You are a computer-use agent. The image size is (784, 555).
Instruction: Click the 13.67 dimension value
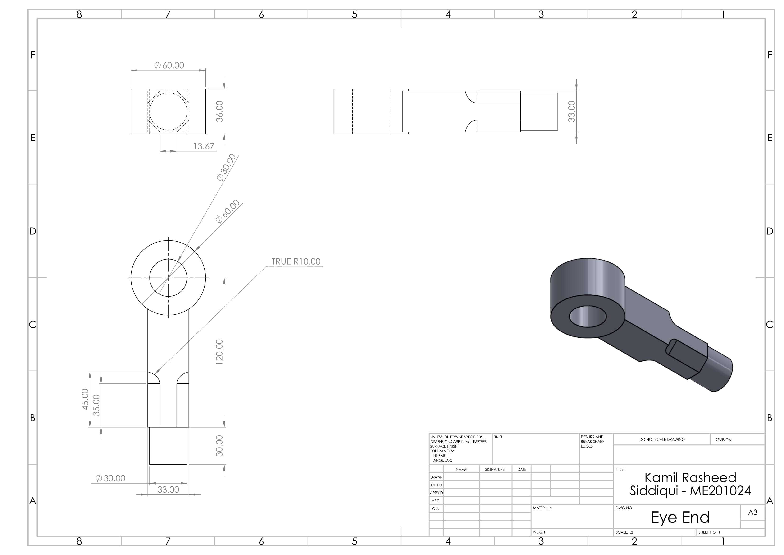coord(204,146)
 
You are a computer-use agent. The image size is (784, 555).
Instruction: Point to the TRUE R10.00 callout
coord(296,261)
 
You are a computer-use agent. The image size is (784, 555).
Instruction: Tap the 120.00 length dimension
coord(219,352)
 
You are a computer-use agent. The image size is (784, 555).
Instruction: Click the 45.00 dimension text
coord(85,399)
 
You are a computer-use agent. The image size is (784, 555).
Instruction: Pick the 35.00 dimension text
coord(97,405)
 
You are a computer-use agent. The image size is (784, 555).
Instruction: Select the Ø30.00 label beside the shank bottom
coord(110,478)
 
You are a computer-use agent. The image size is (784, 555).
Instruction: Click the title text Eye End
coord(680,517)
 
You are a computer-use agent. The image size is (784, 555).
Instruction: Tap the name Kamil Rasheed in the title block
coord(690,478)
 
